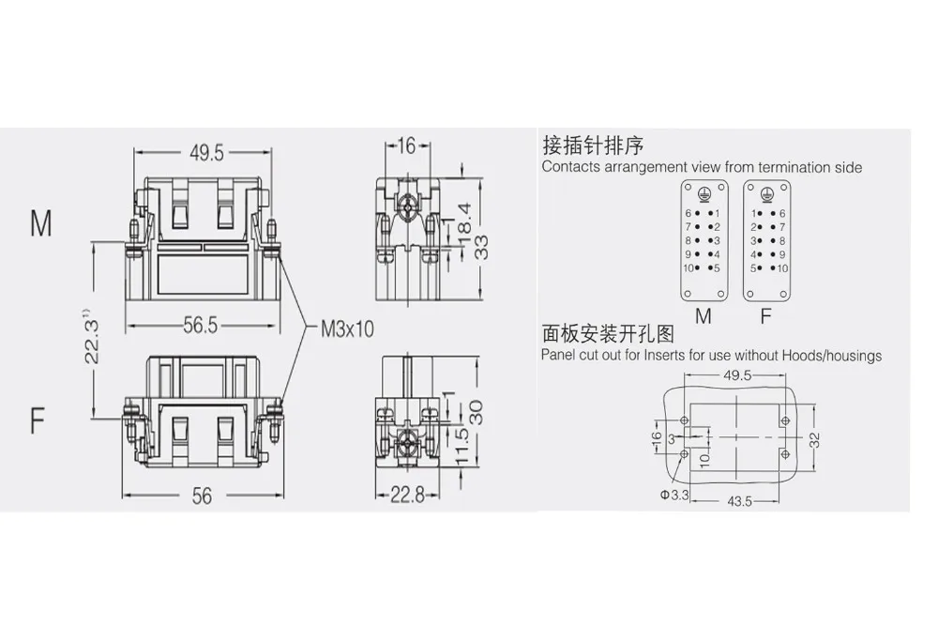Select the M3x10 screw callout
point(347,328)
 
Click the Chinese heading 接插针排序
point(593,146)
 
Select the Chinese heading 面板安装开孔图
point(608,334)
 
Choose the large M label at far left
point(40,224)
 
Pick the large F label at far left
point(38,420)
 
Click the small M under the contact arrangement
point(703,316)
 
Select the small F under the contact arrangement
point(766,316)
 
